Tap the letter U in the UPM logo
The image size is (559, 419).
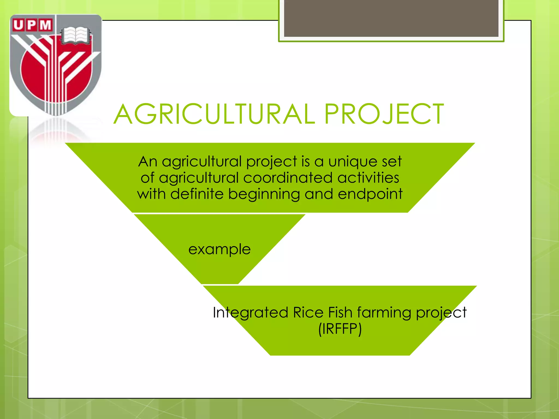point(18,25)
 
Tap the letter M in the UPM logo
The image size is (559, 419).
point(45,25)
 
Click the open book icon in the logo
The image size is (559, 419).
point(75,35)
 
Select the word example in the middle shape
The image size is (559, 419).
point(219,249)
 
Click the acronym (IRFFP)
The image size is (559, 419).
point(340,329)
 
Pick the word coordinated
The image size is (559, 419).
point(288,178)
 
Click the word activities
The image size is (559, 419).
point(368,178)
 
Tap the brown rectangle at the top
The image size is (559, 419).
point(391,19)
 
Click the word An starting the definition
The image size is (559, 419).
point(148,161)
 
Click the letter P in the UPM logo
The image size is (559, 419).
point(32,25)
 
